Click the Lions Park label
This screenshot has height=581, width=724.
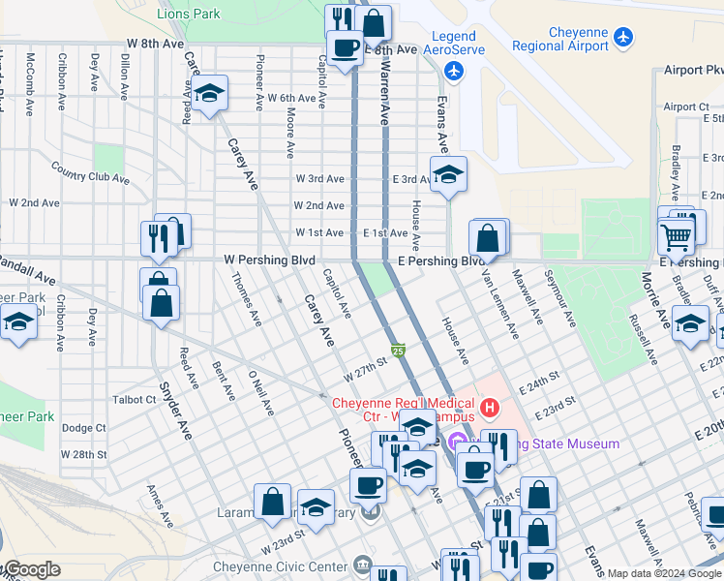click(188, 14)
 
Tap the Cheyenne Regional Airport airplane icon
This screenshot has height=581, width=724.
click(622, 37)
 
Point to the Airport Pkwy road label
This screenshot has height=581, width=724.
click(693, 71)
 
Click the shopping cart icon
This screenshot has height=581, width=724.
click(676, 233)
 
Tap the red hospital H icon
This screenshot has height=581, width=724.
click(489, 408)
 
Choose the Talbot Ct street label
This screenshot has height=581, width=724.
click(135, 399)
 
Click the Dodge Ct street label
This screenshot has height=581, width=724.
click(83, 427)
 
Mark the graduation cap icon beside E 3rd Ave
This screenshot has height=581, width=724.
click(447, 175)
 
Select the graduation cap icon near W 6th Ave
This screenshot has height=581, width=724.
click(208, 94)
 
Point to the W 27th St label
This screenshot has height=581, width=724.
click(365, 369)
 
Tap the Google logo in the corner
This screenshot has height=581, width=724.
click(31, 569)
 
